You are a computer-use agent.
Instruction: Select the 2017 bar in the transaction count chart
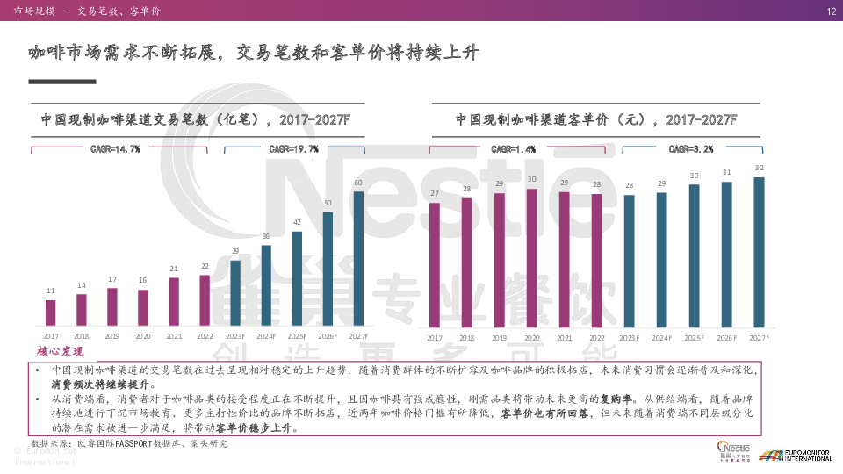coord(51,312)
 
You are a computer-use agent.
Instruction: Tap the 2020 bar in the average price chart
coord(531,256)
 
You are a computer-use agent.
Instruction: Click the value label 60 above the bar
coord(358,183)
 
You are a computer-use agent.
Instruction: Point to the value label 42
coord(297,223)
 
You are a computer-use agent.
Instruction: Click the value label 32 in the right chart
coord(759,168)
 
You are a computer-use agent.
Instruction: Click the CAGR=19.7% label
coord(294,149)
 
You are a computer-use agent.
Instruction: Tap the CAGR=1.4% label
coord(514,149)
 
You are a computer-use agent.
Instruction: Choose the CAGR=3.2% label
coord(691,149)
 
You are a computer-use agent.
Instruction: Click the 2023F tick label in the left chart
coord(235,336)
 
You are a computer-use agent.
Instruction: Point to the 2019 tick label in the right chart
coord(499,338)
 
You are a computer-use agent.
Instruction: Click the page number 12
coord(830,11)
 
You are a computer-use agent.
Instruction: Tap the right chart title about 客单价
coord(596,119)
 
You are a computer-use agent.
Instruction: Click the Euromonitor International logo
coord(796,455)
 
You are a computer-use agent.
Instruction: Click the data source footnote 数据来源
coord(129,444)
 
